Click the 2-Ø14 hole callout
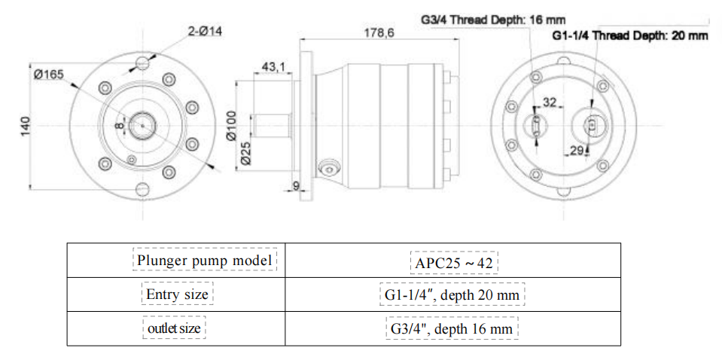pos(205,32)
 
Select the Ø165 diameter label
pos(50,73)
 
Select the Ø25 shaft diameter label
pos(245,154)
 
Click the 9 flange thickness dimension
pos(296,186)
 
